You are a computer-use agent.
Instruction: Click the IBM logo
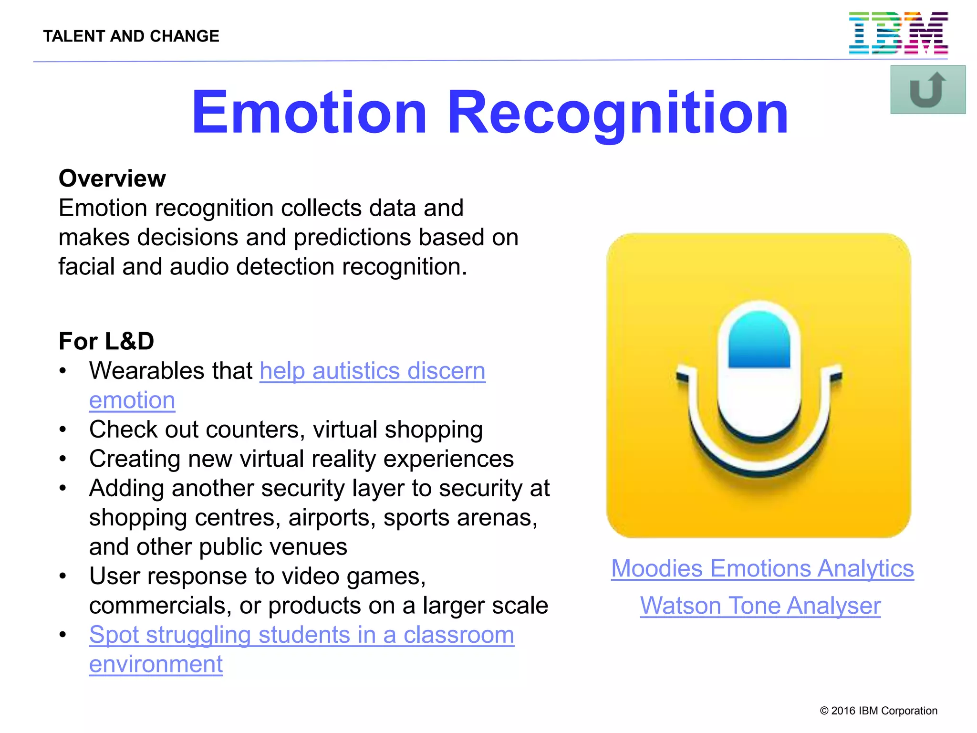[898, 33]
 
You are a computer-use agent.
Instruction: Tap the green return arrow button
[927, 90]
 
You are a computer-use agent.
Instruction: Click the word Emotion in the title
[309, 113]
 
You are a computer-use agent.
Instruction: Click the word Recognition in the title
[617, 113]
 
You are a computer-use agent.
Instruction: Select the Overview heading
[112, 178]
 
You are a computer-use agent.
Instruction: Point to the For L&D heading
[106, 341]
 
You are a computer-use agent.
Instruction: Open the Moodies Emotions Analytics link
[762, 568]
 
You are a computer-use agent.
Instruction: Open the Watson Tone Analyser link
[760, 606]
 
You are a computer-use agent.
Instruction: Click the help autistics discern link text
[372, 371]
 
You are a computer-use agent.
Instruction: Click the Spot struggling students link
[301, 635]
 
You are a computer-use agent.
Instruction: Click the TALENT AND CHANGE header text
[131, 36]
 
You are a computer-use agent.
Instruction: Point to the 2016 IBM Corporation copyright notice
[878, 711]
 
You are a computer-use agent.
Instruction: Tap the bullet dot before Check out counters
[63, 429]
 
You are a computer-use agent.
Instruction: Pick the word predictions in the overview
[352, 237]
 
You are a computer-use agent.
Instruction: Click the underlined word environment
[156, 664]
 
